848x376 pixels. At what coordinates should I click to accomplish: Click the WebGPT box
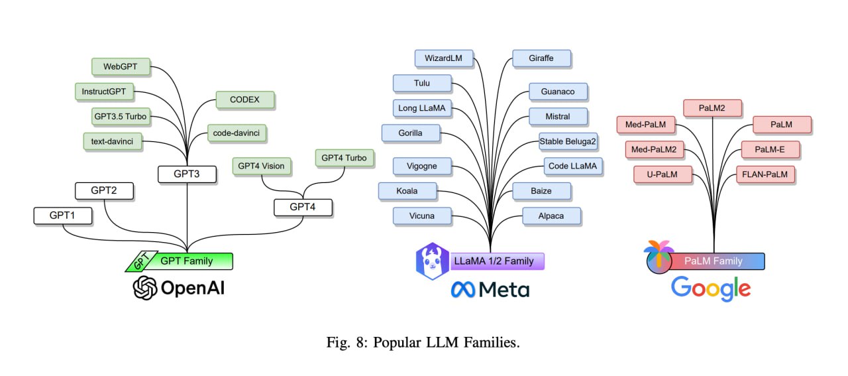coord(121,67)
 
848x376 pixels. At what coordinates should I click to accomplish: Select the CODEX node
coord(245,99)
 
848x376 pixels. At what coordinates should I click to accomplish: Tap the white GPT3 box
coord(187,174)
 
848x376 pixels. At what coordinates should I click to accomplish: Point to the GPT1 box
coord(63,216)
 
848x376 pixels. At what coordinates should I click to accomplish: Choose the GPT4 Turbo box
coord(344,158)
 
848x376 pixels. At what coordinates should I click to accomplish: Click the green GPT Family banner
coord(179,261)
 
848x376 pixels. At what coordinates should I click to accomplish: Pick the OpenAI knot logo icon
coord(145,288)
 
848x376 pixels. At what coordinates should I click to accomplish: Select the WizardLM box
coord(444,58)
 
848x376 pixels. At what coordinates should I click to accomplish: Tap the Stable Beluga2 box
coord(568,141)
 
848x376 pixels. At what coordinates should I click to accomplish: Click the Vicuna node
coord(422,216)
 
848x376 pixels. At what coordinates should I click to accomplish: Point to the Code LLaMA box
coord(573,166)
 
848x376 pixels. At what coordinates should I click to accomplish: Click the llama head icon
coord(433,261)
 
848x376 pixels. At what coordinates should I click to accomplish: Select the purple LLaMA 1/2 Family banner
coord(497,261)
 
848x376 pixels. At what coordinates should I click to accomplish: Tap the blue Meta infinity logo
coord(462,290)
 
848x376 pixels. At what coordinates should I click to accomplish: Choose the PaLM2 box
coord(712,108)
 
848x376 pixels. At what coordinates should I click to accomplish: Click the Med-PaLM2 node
coord(654,149)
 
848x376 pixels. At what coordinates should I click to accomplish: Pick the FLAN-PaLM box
coord(765,174)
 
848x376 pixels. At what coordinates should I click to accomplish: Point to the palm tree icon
coord(659,257)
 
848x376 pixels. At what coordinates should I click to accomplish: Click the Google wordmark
coord(711,289)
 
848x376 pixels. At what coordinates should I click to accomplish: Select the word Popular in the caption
coord(397,343)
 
